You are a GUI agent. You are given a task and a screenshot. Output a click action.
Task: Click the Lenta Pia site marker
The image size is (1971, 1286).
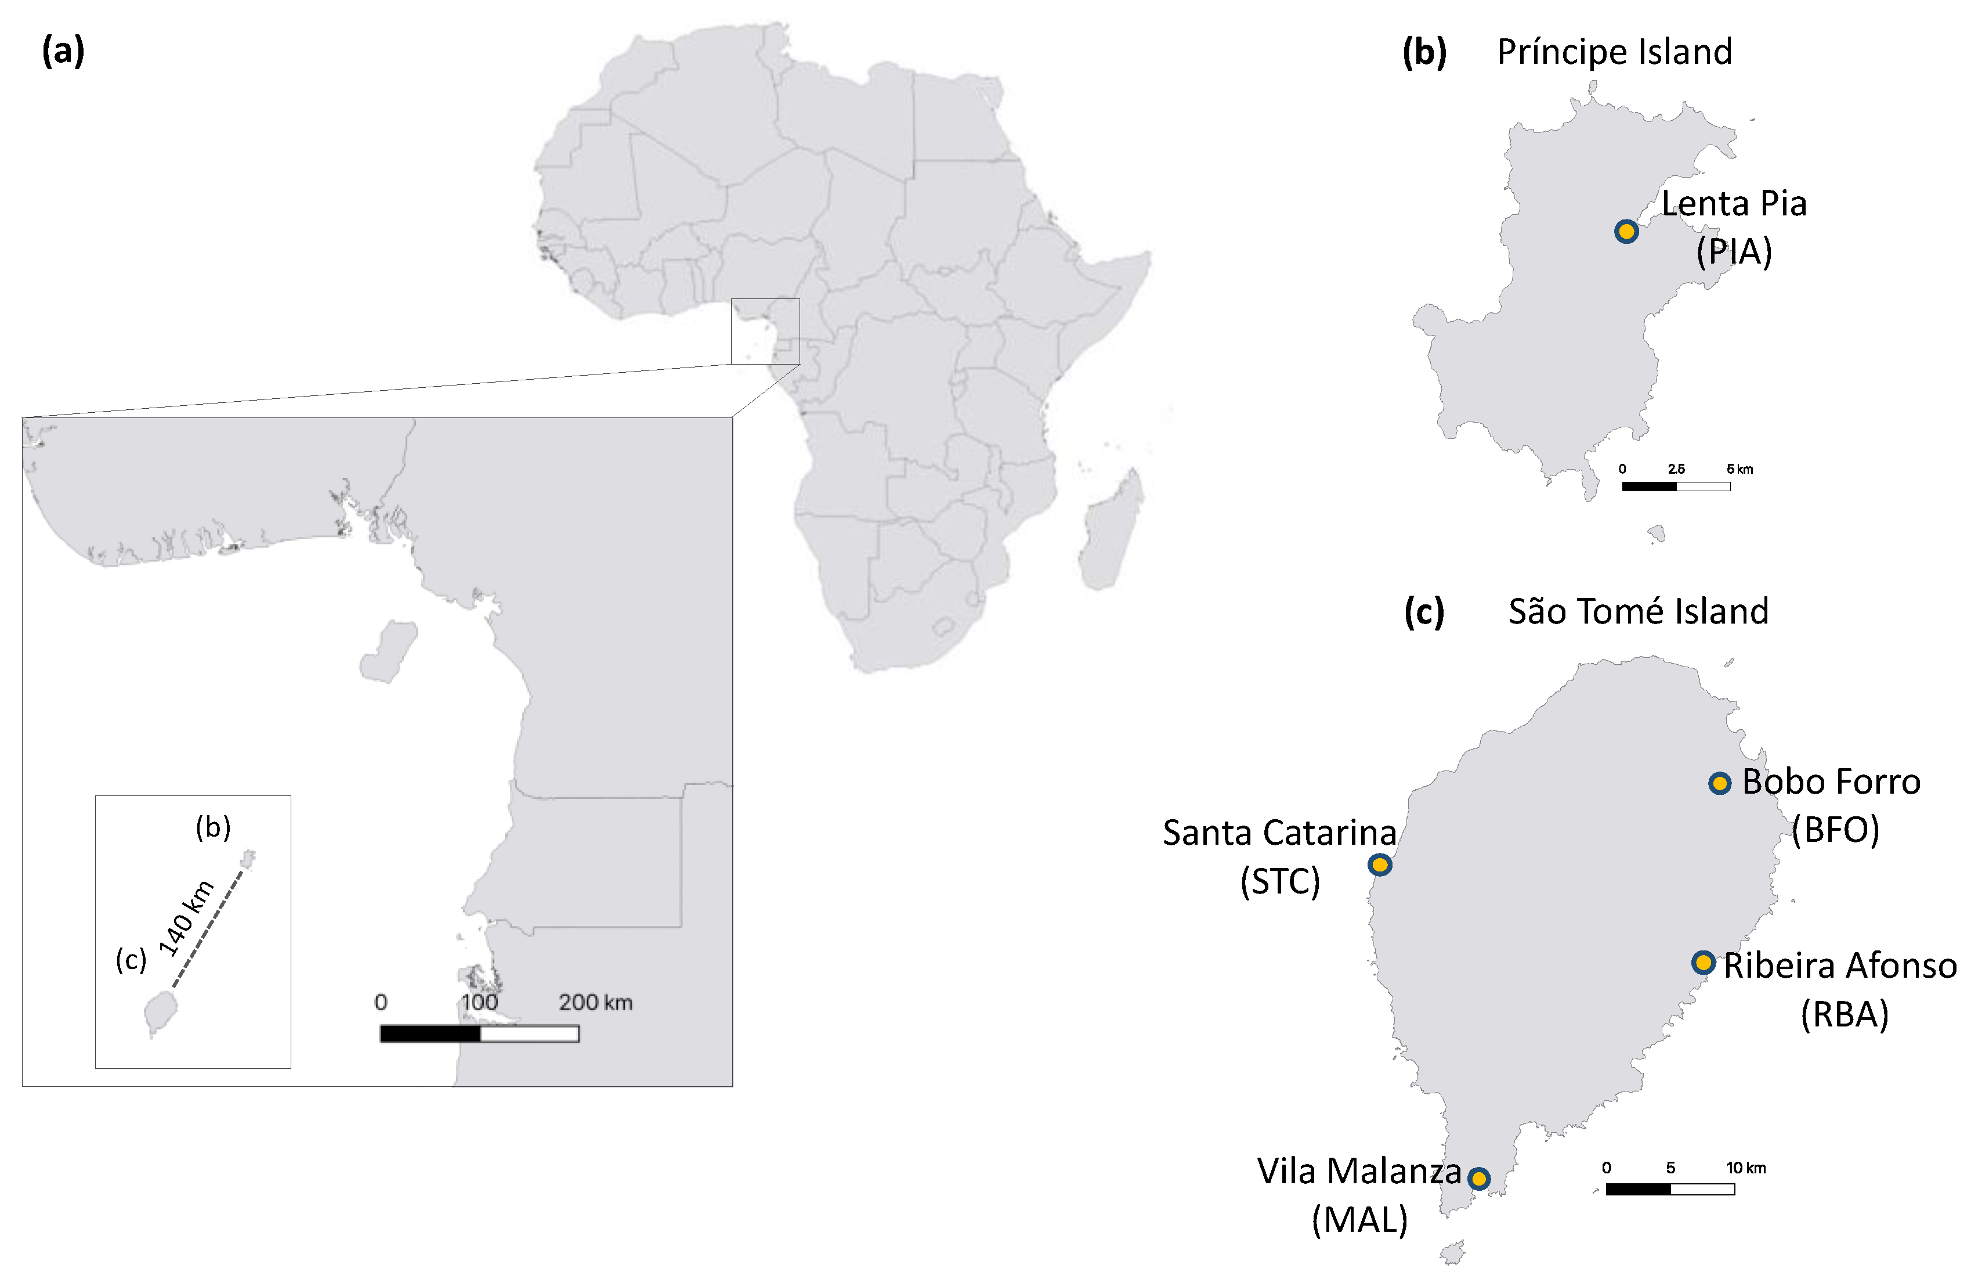[1626, 232]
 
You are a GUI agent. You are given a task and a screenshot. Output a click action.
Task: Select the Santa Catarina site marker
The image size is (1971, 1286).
[1379, 865]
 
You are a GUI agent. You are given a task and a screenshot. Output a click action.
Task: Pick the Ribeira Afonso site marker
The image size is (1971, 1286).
[1703, 962]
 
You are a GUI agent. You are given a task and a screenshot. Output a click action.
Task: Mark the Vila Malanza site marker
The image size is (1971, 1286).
[1478, 1178]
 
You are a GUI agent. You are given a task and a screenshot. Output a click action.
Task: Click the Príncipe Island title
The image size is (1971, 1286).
[1614, 52]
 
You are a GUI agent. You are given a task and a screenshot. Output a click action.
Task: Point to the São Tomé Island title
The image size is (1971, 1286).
[1638, 611]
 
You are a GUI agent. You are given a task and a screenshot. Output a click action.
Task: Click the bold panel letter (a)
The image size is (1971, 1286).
[63, 51]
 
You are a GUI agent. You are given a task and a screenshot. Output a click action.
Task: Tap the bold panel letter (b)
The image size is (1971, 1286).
[1424, 52]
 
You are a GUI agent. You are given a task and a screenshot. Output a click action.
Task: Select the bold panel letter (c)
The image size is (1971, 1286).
[1424, 611]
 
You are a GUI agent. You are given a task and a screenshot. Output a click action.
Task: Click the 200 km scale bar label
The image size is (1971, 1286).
[595, 1003]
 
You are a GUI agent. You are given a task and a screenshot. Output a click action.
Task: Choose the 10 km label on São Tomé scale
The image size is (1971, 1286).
[1746, 1168]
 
